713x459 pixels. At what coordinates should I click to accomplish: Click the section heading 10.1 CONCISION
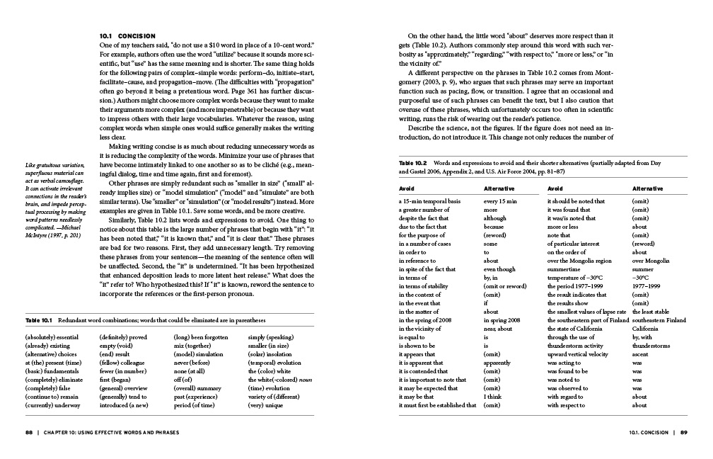coord(127,35)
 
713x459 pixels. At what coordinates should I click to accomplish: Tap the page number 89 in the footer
coord(684,431)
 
